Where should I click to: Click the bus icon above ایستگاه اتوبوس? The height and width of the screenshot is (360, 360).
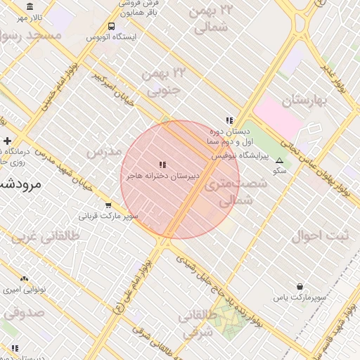point(111,27)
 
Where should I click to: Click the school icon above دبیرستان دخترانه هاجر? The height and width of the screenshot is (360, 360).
point(163,165)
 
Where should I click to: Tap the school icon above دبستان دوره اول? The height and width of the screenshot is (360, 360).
point(229,120)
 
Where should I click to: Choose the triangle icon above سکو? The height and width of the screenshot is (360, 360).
point(280,160)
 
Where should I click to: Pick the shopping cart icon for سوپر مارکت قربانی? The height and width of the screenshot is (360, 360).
point(108,205)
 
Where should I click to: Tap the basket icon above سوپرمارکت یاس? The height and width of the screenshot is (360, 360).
point(300,287)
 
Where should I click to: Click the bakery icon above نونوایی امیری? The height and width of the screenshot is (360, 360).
point(25,279)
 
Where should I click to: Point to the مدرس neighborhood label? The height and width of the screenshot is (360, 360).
point(103,152)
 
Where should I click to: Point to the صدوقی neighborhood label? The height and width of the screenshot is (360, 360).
point(23,311)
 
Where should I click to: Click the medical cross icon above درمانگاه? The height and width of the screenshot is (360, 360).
point(7,141)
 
